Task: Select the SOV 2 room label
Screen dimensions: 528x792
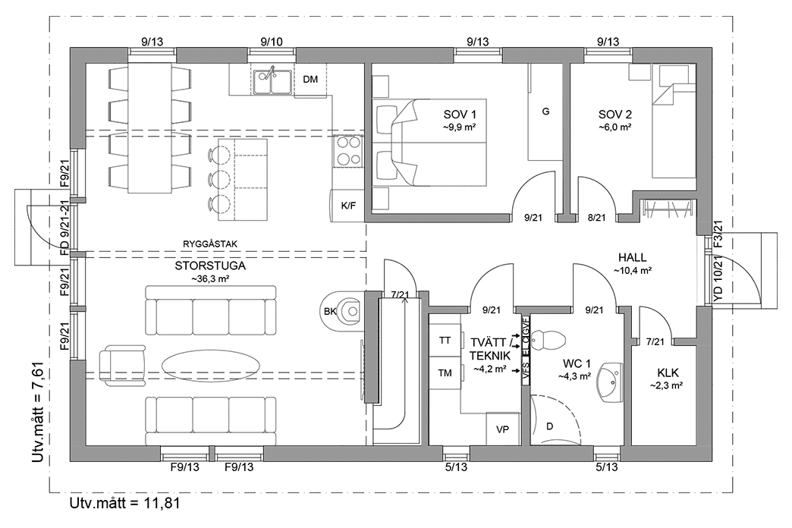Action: pyautogui.click(x=615, y=115)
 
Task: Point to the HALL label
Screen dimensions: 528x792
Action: pyautogui.click(x=632, y=257)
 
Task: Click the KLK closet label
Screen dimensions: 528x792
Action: pyautogui.click(x=668, y=372)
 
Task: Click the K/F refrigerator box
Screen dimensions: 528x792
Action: pyautogui.click(x=348, y=205)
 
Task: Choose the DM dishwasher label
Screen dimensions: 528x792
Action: pyautogui.click(x=310, y=80)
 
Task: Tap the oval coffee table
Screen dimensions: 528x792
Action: pyautogui.click(x=212, y=363)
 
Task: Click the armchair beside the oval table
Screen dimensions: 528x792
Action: pyautogui.click(x=114, y=362)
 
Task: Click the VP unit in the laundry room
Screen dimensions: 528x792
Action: pyautogui.click(x=501, y=429)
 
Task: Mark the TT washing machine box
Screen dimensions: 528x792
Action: pyautogui.click(x=445, y=341)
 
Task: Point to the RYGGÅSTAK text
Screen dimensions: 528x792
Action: pyautogui.click(x=210, y=244)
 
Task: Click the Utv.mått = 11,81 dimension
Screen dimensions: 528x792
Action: pyautogui.click(x=125, y=503)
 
